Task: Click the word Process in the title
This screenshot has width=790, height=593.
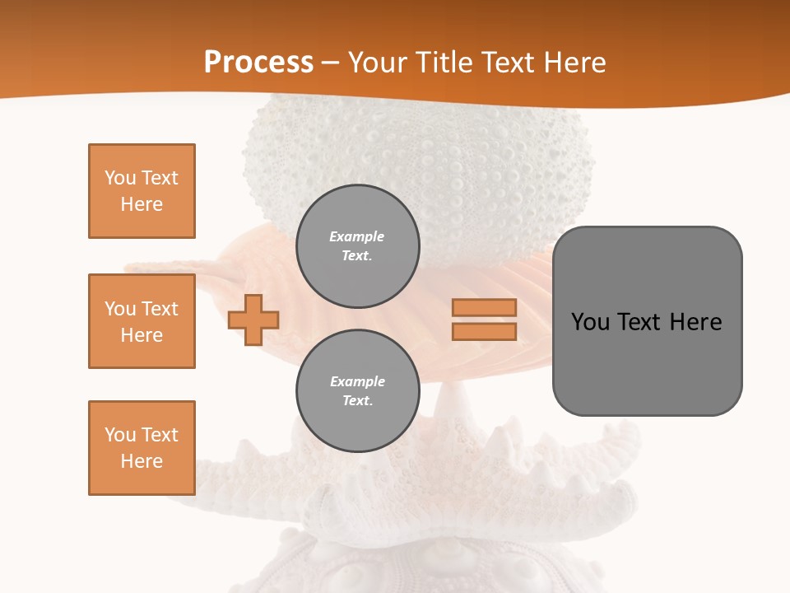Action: [x=258, y=63]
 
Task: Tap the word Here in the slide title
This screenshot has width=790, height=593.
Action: [x=573, y=63]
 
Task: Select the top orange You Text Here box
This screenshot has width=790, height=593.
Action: [x=142, y=191]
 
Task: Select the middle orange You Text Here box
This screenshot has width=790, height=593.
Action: [x=142, y=321]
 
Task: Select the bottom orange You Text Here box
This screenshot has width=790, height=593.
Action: [x=142, y=447]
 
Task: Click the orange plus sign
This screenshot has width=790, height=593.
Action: [x=253, y=319]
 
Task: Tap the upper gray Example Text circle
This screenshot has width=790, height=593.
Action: [x=357, y=245]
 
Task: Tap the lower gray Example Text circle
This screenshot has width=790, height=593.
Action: [x=357, y=390]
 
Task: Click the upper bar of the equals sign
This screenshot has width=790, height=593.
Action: [x=484, y=307]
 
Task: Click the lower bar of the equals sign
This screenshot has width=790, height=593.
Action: [x=484, y=331]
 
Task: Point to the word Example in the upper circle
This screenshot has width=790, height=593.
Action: [x=357, y=236]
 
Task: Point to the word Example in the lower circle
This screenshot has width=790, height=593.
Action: [x=357, y=381]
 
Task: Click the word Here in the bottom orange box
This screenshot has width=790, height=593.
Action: [x=142, y=461]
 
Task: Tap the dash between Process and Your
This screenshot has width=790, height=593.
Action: [x=330, y=63]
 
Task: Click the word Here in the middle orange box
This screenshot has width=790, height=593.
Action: [x=142, y=335]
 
